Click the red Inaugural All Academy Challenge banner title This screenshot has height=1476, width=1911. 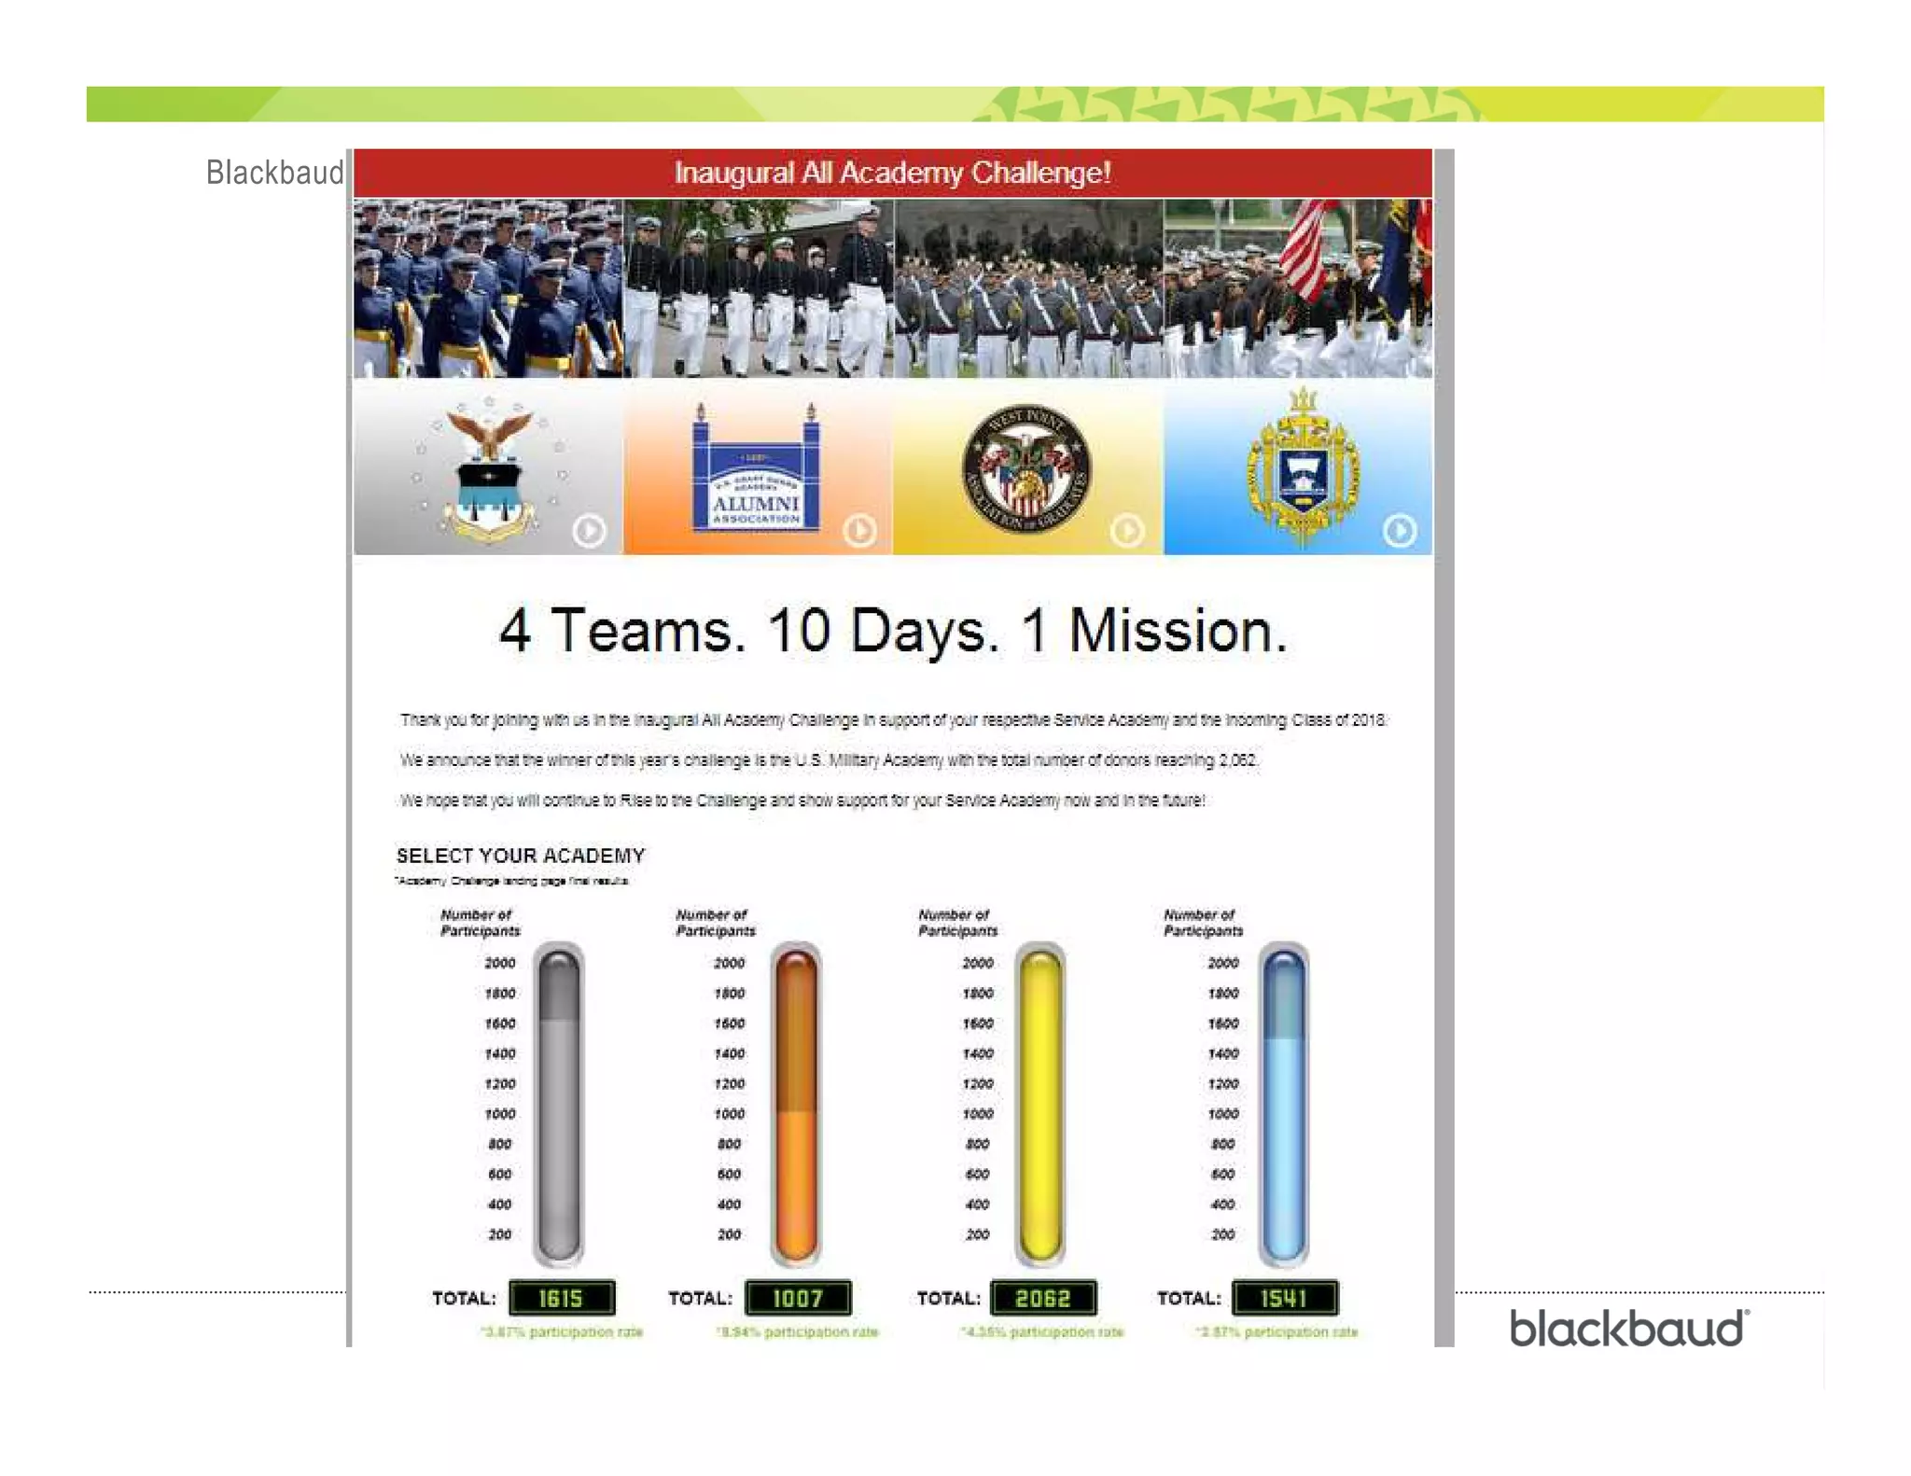[892, 173]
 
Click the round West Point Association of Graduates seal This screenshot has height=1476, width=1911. [1026, 469]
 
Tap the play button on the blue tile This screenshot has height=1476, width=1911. [1399, 531]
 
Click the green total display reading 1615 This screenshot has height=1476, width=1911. [561, 1298]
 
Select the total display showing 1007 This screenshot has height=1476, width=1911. [798, 1298]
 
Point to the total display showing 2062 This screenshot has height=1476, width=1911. [1042, 1298]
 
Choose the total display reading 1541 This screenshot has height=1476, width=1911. [1284, 1298]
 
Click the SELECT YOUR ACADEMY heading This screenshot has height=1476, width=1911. [521, 856]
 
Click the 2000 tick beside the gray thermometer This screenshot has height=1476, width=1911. [500, 963]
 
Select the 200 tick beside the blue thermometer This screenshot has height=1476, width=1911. [1222, 1234]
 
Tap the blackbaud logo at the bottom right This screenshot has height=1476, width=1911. [1628, 1329]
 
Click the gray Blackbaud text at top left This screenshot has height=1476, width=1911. [274, 173]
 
